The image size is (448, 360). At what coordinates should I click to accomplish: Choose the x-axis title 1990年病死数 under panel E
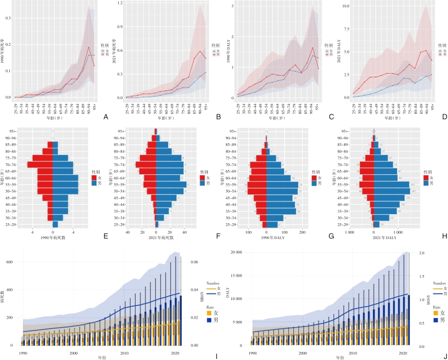[53, 238]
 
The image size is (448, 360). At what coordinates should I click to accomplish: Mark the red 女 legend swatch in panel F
[202, 178]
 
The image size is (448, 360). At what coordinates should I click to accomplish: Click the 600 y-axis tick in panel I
[10, 262]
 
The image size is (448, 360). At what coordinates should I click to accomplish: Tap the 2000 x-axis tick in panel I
[73, 353]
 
